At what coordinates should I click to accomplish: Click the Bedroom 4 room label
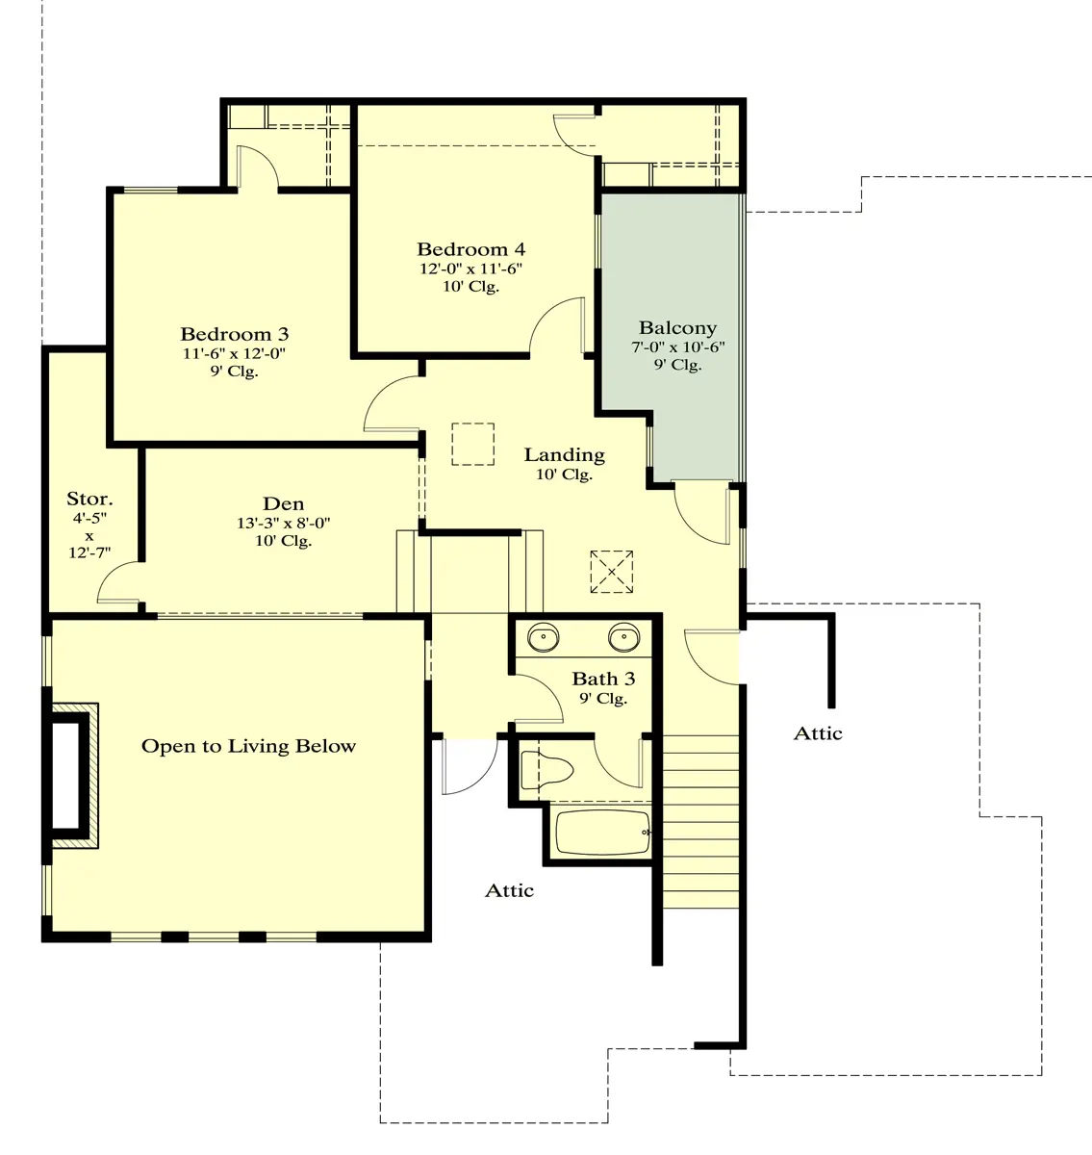(471, 249)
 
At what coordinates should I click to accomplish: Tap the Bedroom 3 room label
(235, 334)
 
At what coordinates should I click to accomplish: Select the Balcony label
(678, 328)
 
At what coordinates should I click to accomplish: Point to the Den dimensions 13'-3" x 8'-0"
(283, 523)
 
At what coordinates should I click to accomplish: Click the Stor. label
(89, 499)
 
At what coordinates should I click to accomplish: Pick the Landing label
(565, 454)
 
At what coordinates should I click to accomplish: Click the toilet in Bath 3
(546, 770)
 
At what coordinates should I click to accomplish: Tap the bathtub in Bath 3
(603, 834)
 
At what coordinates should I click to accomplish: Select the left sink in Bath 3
(544, 637)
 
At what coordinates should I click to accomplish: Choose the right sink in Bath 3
(623, 637)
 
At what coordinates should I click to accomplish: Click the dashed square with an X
(612, 572)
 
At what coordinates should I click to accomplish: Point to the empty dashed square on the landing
(472, 445)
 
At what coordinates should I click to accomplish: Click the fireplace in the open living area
(70, 776)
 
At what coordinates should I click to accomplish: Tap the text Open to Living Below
(248, 746)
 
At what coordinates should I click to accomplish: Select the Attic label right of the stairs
(818, 733)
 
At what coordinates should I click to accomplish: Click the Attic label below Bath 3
(509, 890)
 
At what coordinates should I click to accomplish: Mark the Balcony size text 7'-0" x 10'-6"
(678, 346)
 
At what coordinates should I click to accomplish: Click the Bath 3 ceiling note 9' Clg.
(603, 698)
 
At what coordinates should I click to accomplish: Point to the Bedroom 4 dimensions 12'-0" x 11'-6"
(471, 269)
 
